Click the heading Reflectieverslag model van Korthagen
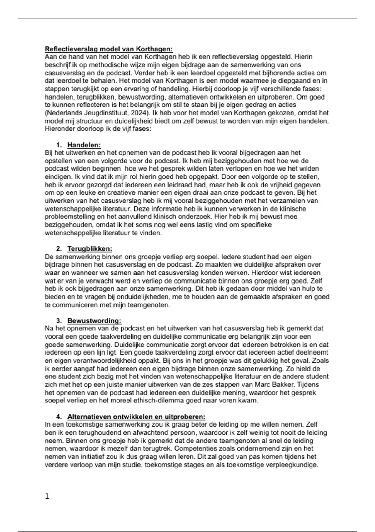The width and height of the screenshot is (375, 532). tap(109, 49)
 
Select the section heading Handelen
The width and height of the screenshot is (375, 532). tap(84, 145)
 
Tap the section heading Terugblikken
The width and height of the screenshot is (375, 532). tap(90, 249)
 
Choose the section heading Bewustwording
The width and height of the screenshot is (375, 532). tap(94, 321)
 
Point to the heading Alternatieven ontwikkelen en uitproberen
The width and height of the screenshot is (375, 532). tap(136, 417)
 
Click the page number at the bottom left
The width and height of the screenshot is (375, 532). tap(47, 496)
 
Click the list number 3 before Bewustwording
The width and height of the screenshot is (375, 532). tap(58, 321)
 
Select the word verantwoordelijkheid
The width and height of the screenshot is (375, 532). tap(97, 361)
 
